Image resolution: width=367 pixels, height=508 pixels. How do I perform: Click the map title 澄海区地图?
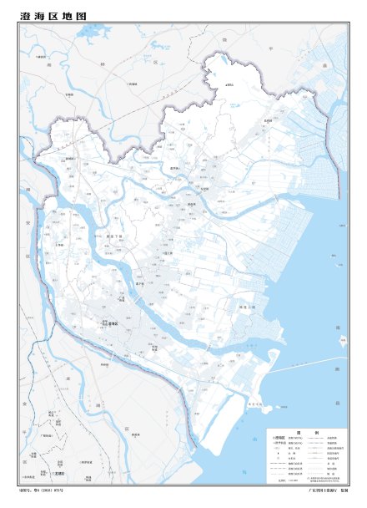53,15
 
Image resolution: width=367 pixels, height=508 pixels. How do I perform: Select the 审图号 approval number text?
42,490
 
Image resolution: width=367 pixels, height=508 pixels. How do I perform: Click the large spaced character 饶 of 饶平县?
225,38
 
